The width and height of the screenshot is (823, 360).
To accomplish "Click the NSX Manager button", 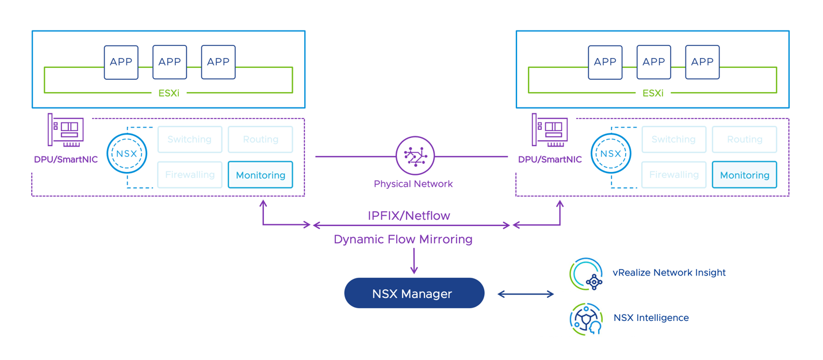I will [414, 293].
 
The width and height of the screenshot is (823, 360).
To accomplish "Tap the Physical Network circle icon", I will [415, 155].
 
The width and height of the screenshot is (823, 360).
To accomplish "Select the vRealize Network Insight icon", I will [586, 274].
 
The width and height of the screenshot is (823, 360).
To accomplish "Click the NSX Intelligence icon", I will [586, 318].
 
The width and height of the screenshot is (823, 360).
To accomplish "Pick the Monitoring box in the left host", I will [261, 175].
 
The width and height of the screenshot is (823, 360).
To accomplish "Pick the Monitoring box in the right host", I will [744, 175].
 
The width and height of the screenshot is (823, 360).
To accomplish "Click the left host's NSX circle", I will [127, 154].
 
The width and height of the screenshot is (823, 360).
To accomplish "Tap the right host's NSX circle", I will [611, 154].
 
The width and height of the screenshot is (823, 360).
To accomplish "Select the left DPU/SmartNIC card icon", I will [66, 130].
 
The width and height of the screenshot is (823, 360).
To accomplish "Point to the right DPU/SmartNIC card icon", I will [550, 130].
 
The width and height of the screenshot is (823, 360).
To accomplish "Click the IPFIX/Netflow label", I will [409, 216].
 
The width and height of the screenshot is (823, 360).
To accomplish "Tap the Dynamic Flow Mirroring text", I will [403, 239].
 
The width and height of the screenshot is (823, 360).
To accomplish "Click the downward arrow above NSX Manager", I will [414, 262].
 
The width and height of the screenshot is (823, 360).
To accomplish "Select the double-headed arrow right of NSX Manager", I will [525, 294].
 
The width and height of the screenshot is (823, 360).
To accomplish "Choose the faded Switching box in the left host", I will [190, 139].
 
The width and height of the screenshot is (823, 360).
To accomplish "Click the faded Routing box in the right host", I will [744, 139].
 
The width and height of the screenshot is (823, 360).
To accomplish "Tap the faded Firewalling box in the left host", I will [190, 175].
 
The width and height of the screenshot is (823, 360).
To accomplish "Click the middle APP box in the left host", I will [170, 62].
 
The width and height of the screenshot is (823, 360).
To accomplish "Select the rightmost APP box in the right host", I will [702, 62].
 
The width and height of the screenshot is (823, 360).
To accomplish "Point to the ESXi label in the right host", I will [653, 93].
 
